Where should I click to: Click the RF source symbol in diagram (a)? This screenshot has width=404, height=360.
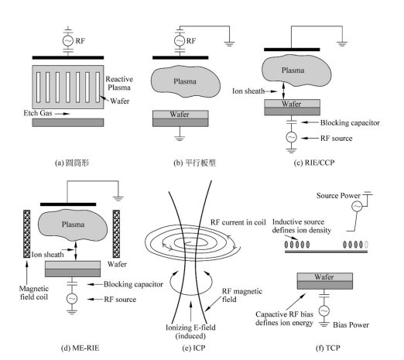pyautogui.click(x=68, y=41)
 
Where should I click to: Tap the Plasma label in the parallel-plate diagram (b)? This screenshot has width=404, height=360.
pyautogui.click(x=185, y=81)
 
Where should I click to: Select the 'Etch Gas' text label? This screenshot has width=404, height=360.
pyautogui.click(x=38, y=113)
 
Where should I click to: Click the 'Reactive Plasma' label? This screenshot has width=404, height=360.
pyautogui.click(x=119, y=83)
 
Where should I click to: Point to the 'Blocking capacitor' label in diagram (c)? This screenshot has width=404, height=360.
pyautogui.click(x=350, y=123)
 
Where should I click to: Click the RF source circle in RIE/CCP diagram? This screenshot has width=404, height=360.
pyautogui.click(x=291, y=137)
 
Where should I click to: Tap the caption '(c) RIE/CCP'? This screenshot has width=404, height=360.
pyautogui.click(x=314, y=163)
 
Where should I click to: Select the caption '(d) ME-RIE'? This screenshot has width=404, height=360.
pyautogui.click(x=80, y=348)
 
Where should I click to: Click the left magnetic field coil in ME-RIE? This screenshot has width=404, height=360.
pyautogui.click(x=27, y=234)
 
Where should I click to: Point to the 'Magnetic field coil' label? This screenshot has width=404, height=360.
pyautogui.click(x=34, y=293)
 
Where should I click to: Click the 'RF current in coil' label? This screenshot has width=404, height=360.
pyautogui.click(x=238, y=222)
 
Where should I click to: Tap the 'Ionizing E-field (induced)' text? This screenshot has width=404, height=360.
pyautogui.click(x=190, y=331)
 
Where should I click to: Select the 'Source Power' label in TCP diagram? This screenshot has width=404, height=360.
pyautogui.click(x=338, y=196)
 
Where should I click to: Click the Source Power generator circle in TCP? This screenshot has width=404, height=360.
pyautogui.click(x=357, y=206)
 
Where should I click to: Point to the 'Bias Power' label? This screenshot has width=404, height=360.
pyautogui.click(x=351, y=325)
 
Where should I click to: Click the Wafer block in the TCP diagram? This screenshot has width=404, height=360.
pyautogui.click(x=325, y=281)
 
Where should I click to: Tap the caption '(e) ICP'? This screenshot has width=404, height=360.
pyautogui.click(x=193, y=348)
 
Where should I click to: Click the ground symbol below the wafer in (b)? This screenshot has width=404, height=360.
pyautogui.click(x=180, y=138)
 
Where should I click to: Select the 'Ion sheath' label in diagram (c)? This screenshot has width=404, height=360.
pyautogui.click(x=248, y=91)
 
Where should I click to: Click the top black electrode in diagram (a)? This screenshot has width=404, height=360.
pyautogui.click(x=68, y=57)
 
